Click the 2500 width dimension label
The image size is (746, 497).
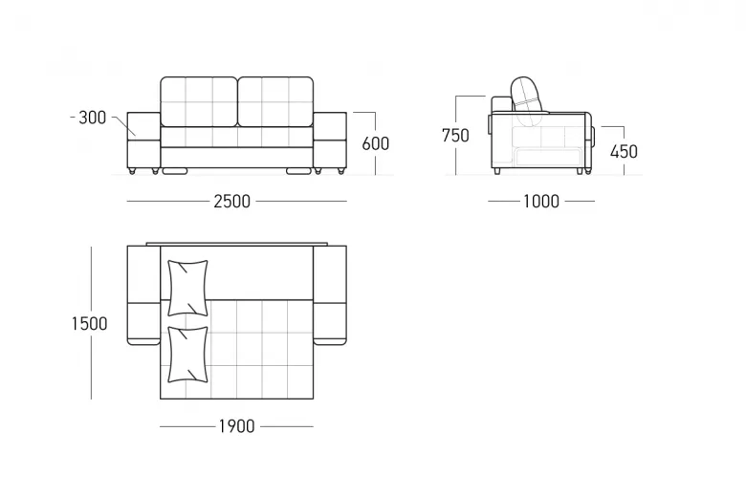tap(231, 201)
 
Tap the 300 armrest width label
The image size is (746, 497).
tap(93, 118)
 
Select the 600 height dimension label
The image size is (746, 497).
tap(375, 143)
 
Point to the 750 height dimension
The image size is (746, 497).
tap(455, 136)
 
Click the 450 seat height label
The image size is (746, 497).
tap(624, 152)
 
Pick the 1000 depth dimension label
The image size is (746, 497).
tap(541, 201)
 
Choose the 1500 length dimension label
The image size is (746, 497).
tap(90, 324)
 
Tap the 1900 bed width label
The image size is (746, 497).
tap(236, 426)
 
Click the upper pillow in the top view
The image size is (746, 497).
tap(187, 288)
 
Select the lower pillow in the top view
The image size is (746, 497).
tap(187, 355)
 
